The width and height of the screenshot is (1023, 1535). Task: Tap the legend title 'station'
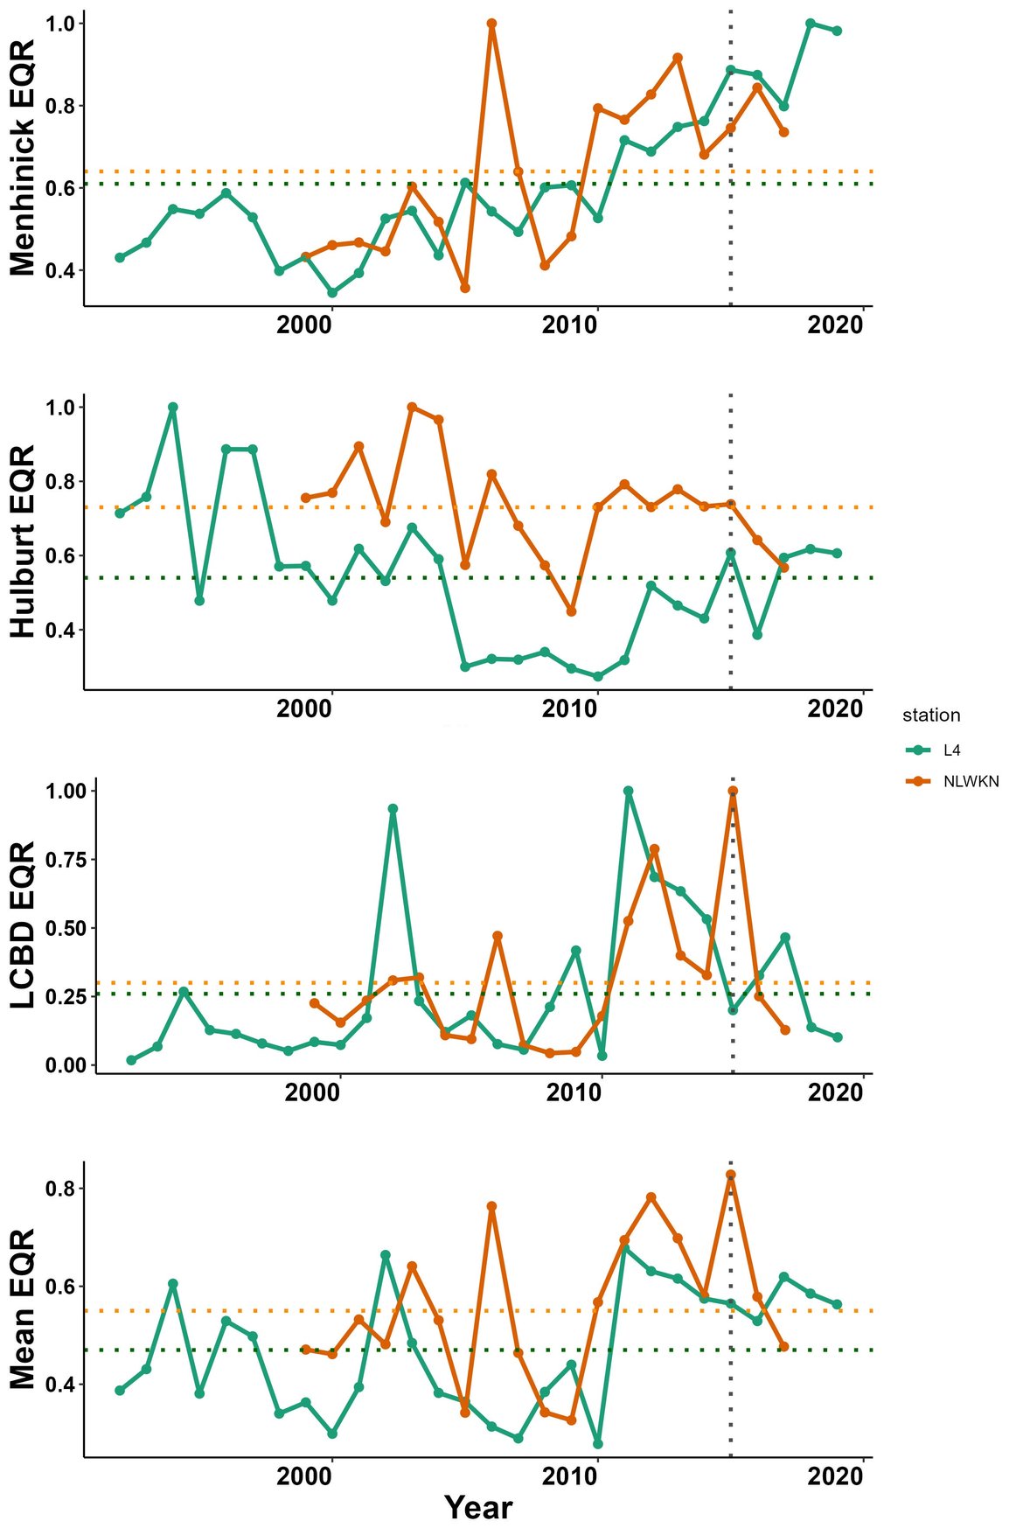pyautogui.click(x=931, y=715)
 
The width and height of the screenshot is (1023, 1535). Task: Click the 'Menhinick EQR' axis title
pyautogui.click(x=24, y=157)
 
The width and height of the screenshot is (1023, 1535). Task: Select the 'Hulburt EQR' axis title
pyautogui.click(x=24, y=541)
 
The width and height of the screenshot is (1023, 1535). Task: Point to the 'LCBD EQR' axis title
pyautogui.click(x=24, y=924)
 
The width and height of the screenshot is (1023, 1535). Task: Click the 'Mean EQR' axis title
pyautogui.click(x=24, y=1308)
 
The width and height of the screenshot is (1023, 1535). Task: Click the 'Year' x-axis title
pyautogui.click(x=477, y=1507)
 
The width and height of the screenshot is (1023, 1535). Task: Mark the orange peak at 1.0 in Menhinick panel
pyautogui.click(x=491, y=24)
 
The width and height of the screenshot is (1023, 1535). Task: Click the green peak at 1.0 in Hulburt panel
pyautogui.click(x=173, y=408)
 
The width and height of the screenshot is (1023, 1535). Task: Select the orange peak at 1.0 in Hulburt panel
pyautogui.click(x=412, y=408)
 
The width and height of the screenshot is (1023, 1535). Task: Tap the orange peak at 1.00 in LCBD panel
pyautogui.click(x=733, y=791)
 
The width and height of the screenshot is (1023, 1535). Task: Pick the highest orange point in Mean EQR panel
pyautogui.click(x=730, y=1175)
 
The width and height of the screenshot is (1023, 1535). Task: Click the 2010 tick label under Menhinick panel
pyautogui.click(x=569, y=325)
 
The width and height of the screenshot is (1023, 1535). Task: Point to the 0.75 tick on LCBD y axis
pyautogui.click(x=67, y=860)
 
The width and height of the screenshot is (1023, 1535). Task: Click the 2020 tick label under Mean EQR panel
pyautogui.click(x=835, y=1476)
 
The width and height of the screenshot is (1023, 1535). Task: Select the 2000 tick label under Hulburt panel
pyautogui.click(x=304, y=708)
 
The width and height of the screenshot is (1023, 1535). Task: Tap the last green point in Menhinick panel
pyautogui.click(x=837, y=31)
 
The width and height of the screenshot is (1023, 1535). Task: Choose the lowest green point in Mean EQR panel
pyautogui.click(x=598, y=1443)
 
